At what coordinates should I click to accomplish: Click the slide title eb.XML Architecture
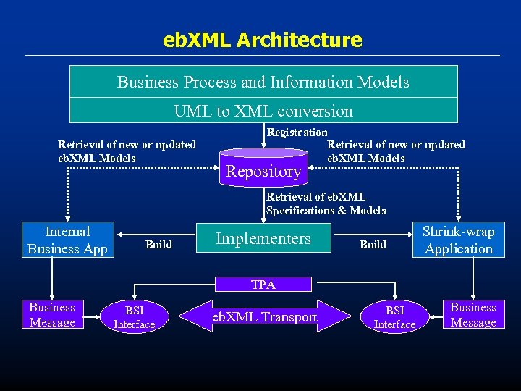(x=263, y=40)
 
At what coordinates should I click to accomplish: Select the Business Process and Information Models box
(x=263, y=82)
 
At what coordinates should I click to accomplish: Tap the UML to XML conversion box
(x=263, y=111)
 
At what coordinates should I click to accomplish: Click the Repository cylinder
(x=263, y=169)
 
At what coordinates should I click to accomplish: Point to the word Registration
(x=297, y=133)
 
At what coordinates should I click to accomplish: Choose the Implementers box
(x=263, y=239)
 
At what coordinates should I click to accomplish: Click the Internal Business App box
(x=67, y=240)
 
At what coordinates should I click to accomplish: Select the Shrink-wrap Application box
(x=458, y=240)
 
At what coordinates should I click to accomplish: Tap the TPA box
(x=263, y=285)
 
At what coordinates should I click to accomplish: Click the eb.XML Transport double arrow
(x=263, y=317)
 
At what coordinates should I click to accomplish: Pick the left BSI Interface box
(x=135, y=317)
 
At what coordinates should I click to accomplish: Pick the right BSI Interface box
(x=394, y=317)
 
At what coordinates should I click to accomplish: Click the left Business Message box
(x=52, y=315)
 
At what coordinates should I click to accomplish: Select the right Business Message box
(x=473, y=315)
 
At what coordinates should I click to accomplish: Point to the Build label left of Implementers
(x=158, y=245)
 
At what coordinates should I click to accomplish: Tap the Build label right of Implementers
(x=373, y=245)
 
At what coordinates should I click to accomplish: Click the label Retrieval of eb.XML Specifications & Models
(x=326, y=203)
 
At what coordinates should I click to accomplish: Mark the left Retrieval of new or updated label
(x=127, y=151)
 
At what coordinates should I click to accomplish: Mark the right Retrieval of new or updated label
(x=396, y=151)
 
